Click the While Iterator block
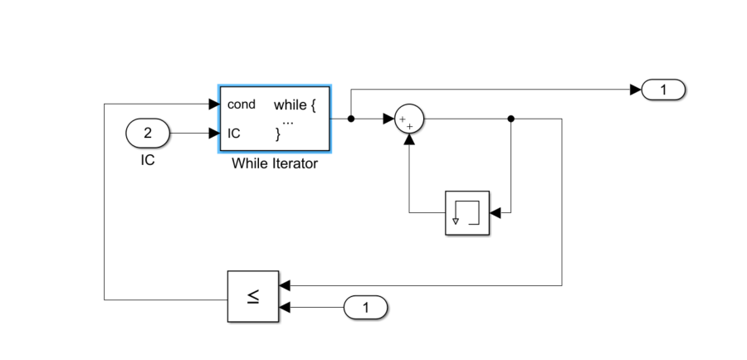(275, 118)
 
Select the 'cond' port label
(242, 105)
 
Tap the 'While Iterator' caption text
(275, 163)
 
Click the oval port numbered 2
(148, 132)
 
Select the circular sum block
(408, 119)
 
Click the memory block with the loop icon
(467, 213)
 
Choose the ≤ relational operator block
(253, 296)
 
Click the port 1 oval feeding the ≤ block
(365, 308)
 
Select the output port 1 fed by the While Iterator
(662, 89)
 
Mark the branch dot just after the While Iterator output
(351, 119)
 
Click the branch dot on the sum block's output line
(510, 119)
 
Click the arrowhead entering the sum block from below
(408, 140)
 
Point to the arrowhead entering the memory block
(495, 213)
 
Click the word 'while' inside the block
(290, 105)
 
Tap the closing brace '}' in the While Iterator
(278, 134)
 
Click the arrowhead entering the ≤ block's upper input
(285, 285)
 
